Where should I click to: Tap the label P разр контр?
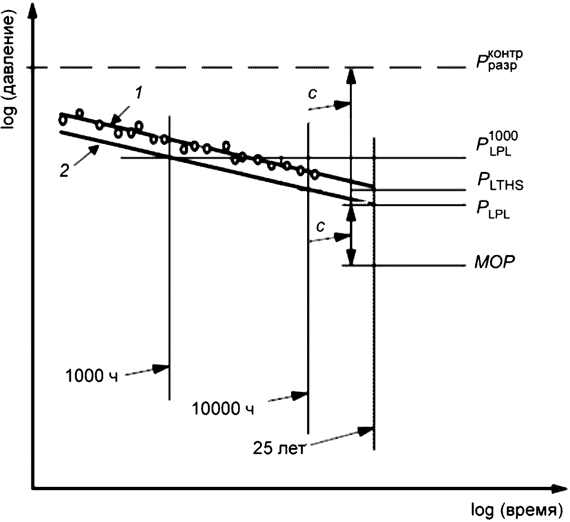click(x=500, y=61)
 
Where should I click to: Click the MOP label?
click(x=495, y=262)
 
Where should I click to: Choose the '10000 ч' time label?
click(x=223, y=408)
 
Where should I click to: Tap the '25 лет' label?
click(x=279, y=448)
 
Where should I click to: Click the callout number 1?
click(x=138, y=94)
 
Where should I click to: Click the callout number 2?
click(x=64, y=171)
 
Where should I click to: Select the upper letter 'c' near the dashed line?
click(x=312, y=94)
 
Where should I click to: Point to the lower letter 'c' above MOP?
click(x=320, y=226)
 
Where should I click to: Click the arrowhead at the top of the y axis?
click(x=33, y=10)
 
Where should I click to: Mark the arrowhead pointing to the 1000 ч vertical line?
click(x=162, y=369)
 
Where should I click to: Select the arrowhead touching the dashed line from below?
click(x=350, y=76)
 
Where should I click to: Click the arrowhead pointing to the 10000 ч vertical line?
click(x=300, y=395)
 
